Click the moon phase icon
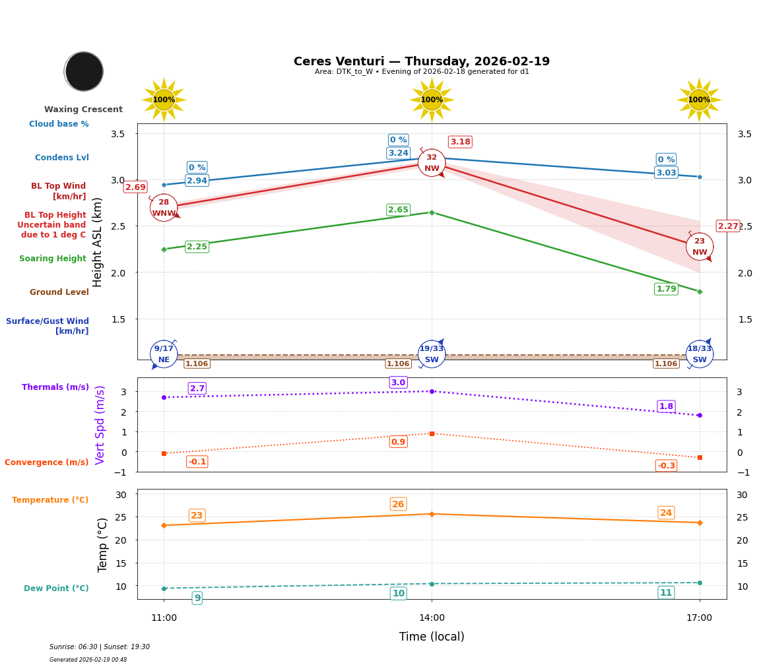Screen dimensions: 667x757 tap(84, 71)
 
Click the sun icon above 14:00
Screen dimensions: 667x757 tap(432, 100)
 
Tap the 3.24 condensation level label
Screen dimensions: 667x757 tap(398, 153)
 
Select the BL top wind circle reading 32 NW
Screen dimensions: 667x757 tap(432, 162)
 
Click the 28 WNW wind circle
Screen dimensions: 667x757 tap(164, 208)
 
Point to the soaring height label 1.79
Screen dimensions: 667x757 tap(666, 289)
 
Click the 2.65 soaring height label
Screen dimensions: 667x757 tap(398, 210)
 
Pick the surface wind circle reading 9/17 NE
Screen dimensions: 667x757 tap(164, 354)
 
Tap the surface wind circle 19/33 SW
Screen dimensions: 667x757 tap(432, 354)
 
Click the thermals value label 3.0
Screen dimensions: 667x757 tap(398, 383)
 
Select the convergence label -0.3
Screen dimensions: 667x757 tap(666, 466)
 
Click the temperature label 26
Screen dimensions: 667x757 tap(398, 504)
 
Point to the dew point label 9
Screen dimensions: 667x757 tap(197, 598)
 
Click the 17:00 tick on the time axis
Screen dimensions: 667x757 tap(699, 618)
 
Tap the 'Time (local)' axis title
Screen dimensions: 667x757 tap(432, 637)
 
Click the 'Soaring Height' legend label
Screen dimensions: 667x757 tap(53, 259)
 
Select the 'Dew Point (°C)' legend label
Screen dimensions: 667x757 tap(56, 588)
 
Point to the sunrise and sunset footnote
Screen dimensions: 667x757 tap(100, 647)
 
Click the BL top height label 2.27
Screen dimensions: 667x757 tap(728, 226)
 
